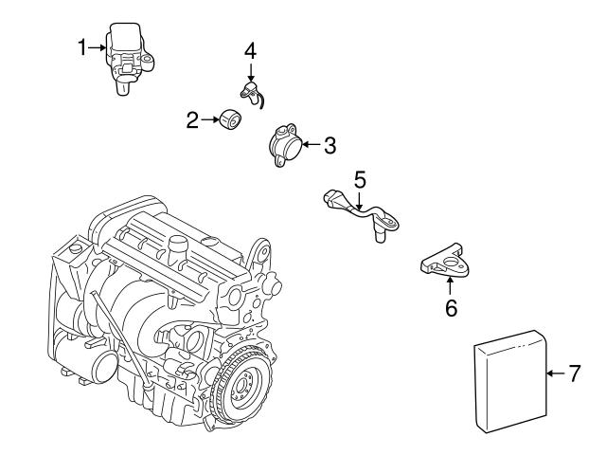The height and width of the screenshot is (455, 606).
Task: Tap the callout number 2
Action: tap(192, 119)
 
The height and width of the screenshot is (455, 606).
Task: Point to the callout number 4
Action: tap(250, 50)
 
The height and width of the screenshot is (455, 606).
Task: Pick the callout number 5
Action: tap(360, 177)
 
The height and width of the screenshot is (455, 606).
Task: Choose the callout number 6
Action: tap(451, 307)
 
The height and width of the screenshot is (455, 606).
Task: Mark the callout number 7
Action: tap(574, 373)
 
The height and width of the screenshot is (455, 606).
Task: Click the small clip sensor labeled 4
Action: tap(250, 91)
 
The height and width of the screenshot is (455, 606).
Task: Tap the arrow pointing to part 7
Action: tap(554, 373)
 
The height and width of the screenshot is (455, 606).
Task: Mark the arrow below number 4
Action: tap(250, 70)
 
